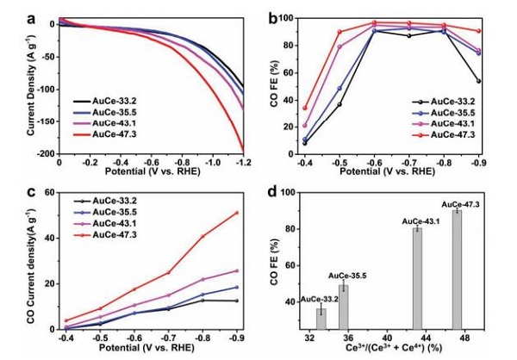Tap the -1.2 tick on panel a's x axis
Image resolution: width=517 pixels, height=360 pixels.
click(242, 162)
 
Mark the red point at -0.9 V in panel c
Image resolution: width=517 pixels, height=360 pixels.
click(236, 213)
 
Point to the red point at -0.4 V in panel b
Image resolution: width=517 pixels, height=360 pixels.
click(304, 109)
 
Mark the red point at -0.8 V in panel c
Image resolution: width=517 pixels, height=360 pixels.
click(202, 236)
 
